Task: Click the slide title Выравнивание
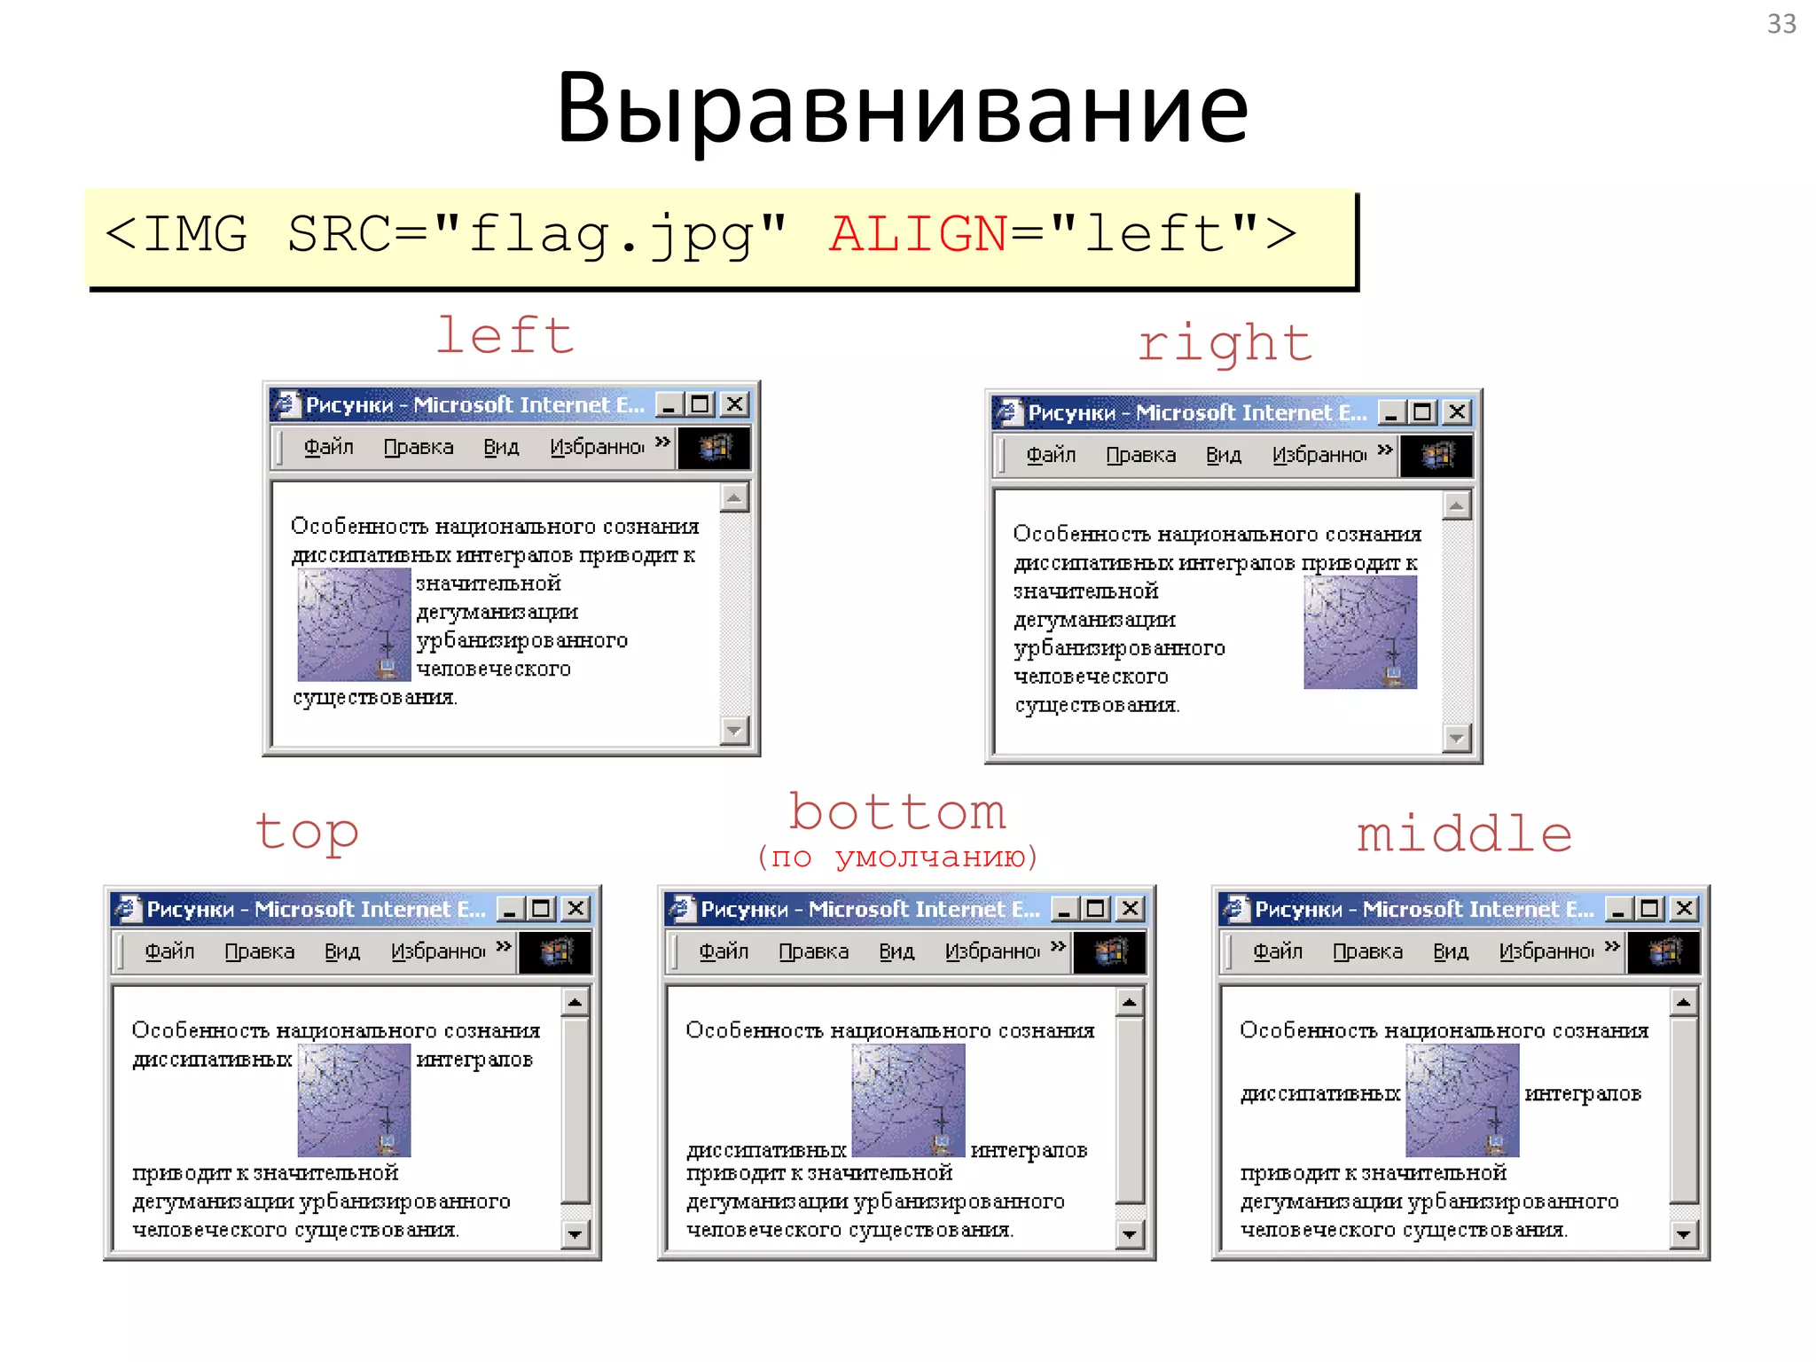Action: [902, 108]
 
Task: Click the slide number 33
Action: [1781, 24]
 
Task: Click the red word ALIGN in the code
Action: [918, 234]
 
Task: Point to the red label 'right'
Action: [1225, 343]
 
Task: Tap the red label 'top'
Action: [307, 832]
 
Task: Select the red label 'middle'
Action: [1464, 834]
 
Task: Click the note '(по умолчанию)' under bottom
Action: [896, 857]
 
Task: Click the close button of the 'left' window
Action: [734, 404]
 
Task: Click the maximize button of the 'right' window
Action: [1422, 412]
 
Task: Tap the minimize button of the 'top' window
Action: [510, 909]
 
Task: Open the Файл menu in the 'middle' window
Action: [1277, 951]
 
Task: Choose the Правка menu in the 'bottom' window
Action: [813, 951]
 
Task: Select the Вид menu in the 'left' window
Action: [501, 447]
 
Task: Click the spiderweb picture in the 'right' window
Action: [1359, 632]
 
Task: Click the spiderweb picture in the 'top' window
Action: [354, 1100]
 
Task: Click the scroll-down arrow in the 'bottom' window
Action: [1129, 1233]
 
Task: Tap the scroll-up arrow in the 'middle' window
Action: [1683, 1003]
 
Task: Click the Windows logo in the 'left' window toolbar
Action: [714, 448]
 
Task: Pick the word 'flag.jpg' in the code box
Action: [611, 234]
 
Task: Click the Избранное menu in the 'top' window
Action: [438, 951]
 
